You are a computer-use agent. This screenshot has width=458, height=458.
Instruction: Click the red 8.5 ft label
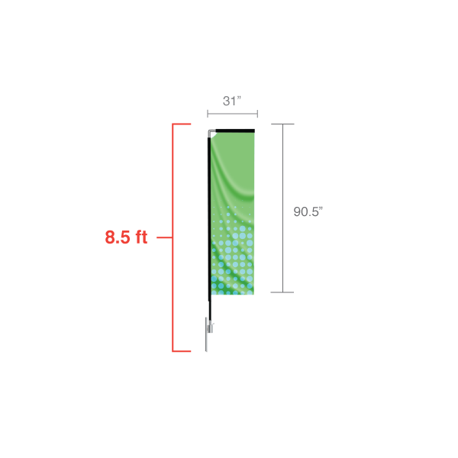(126, 237)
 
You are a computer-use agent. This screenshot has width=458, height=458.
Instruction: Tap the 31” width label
(232, 101)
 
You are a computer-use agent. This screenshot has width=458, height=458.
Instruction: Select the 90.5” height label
(308, 211)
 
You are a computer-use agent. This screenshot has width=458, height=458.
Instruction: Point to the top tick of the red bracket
(182, 124)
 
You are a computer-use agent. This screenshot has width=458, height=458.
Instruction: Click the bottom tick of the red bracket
(182, 351)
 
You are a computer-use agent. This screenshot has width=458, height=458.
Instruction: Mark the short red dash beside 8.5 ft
(164, 237)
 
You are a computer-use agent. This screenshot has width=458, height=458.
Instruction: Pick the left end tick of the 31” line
(208, 114)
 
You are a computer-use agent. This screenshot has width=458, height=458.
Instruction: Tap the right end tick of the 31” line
(257, 114)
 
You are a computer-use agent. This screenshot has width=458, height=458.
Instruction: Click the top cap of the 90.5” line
(282, 124)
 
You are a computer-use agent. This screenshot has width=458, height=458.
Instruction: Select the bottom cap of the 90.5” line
(282, 292)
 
